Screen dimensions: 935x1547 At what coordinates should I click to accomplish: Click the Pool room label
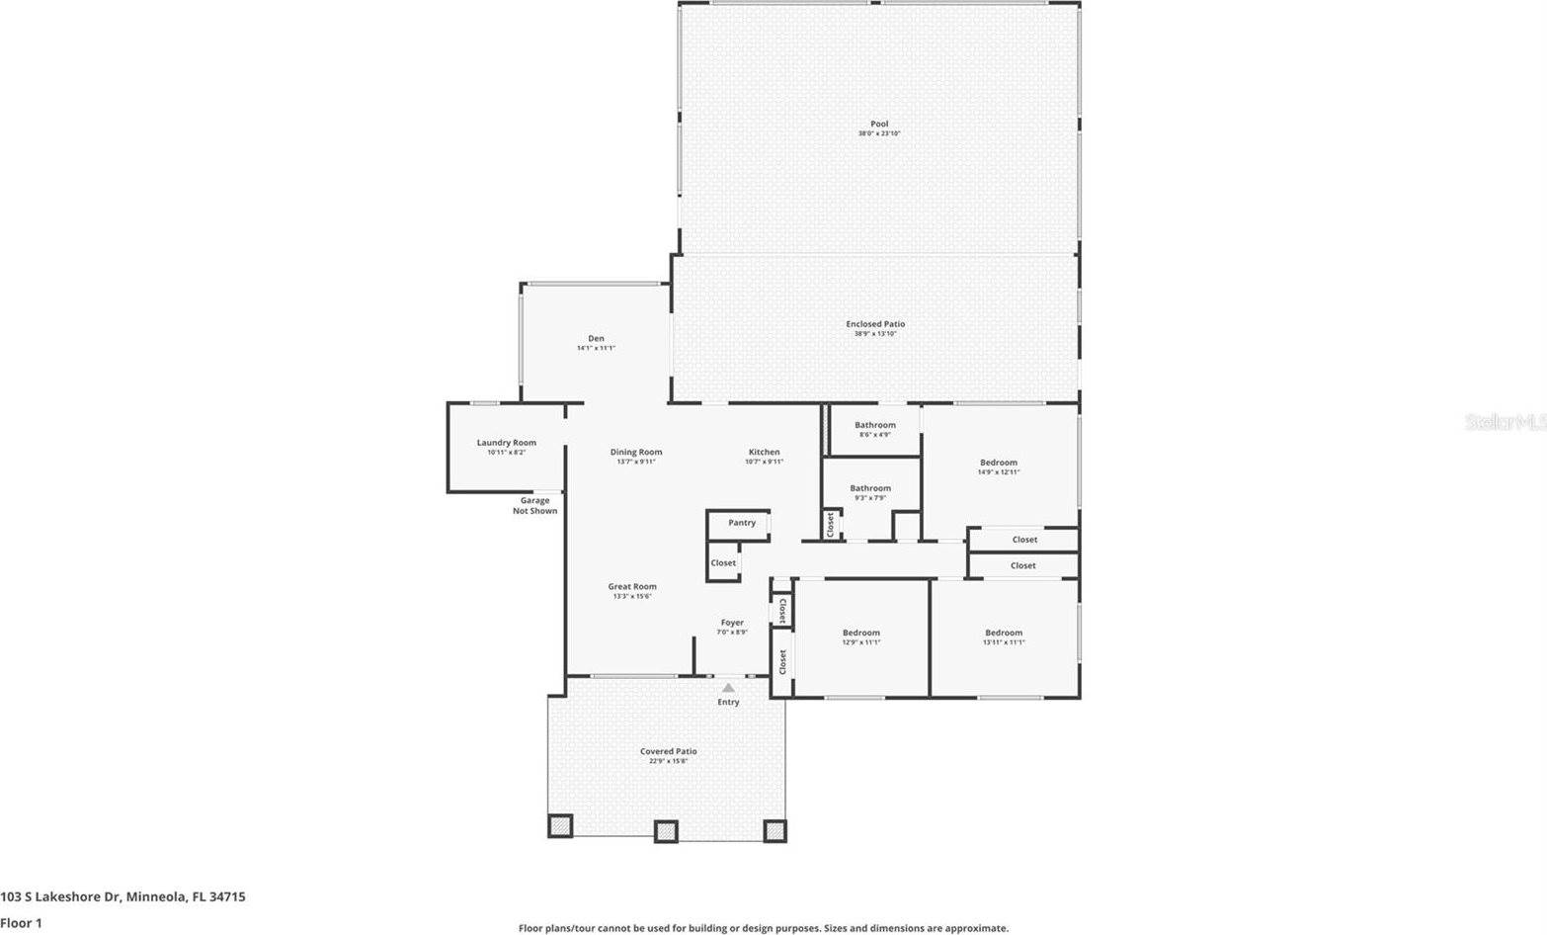click(878, 125)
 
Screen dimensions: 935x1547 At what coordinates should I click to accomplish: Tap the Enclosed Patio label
click(875, 324)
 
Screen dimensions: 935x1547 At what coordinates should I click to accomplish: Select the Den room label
click(596, 339)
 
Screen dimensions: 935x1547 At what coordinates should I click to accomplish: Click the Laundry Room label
click(506, 443)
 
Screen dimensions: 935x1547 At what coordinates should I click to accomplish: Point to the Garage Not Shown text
click(534, 506)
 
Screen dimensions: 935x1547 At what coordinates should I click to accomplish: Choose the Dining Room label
click(636, 453)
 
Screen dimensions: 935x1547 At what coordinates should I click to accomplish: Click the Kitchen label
click(764, 453)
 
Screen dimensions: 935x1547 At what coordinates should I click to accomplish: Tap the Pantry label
click(742, 523)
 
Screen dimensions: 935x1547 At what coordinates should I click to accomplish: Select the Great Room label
click(632, 587)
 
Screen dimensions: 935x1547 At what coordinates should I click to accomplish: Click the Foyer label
click(732, 623)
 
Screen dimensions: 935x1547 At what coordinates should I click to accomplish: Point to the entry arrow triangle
click(728, 687)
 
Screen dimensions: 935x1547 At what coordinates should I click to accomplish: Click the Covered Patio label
click(668, 752)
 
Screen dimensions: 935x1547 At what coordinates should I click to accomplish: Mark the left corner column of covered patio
click(560, 826)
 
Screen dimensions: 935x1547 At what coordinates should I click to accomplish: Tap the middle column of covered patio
click(667, 831)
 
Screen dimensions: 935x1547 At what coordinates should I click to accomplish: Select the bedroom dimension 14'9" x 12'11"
click(998, 472)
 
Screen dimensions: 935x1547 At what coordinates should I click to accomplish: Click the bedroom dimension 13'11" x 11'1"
click(1004, 642)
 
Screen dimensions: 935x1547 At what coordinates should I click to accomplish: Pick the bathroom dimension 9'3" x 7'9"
click(870, 498)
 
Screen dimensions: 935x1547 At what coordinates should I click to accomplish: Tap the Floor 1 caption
click(22, 923)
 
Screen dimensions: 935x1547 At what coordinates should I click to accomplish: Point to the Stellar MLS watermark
click(1505, 422)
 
